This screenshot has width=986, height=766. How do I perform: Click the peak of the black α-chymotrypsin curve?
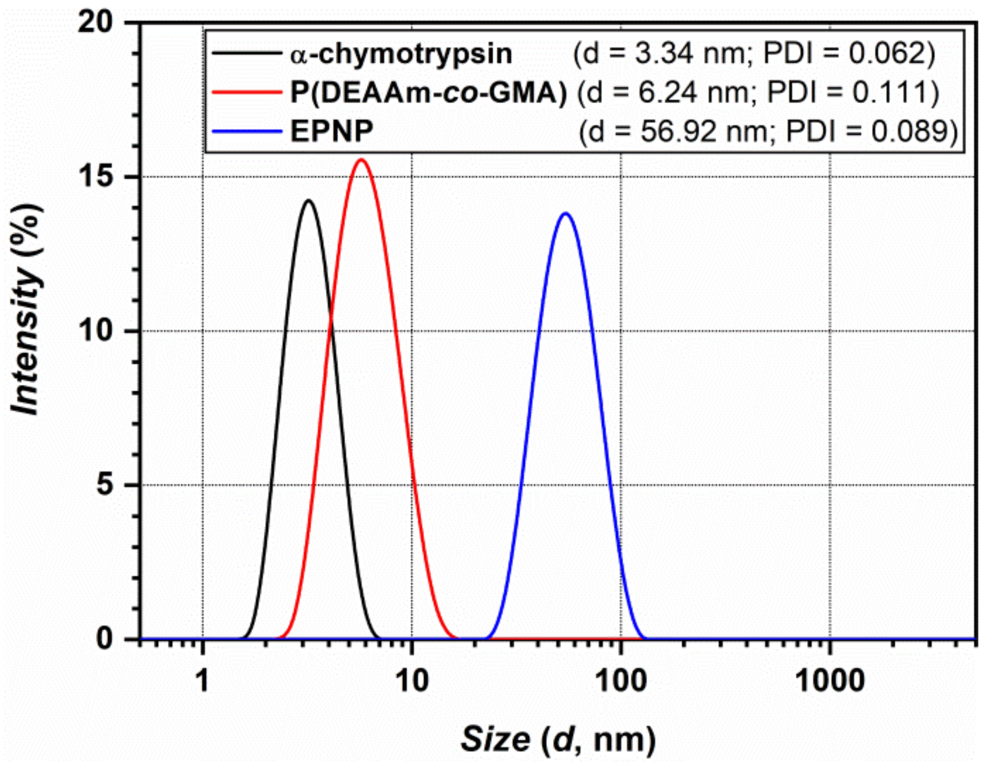coord(309,200)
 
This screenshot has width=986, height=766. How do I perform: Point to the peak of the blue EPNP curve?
coord(565,213)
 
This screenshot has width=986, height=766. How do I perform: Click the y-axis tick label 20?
coord(96,23)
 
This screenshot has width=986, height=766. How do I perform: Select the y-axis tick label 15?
coord(96,177)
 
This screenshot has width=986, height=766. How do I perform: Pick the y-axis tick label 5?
coord(105,485)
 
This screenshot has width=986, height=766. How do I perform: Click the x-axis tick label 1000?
coord(830,681)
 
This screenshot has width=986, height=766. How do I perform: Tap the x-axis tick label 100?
coord(621,681)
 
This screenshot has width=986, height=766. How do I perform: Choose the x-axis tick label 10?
coord(412,681)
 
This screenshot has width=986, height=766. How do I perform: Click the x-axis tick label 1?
coord(203,681)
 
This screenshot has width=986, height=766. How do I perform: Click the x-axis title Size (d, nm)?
coord(558,739)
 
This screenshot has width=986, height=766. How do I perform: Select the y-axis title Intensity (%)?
coord(26,310)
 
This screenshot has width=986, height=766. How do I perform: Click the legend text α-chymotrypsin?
coord(401,54)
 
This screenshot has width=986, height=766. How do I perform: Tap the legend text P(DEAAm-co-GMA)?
coord(428,93)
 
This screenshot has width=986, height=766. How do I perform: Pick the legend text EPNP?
coord(332,131)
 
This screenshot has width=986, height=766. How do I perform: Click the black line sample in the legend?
coord(246,53)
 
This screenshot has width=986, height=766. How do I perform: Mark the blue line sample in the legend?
coord(246,131)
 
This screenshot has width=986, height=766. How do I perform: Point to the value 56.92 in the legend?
coord(678,131)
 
